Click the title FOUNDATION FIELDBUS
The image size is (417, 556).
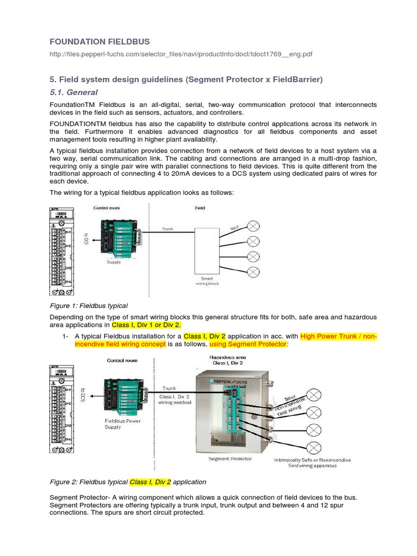tap(99, 42)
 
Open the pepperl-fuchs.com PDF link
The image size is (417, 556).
tap(181, 55)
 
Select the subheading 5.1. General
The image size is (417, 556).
tap(73, 92)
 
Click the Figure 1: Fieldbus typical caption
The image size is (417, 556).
tap(89, 306)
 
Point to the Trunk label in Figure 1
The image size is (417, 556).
tap(167, 229)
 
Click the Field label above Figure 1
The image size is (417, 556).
tap(200, 207)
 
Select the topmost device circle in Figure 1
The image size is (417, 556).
tap(253, 225)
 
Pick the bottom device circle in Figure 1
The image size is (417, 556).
tap(253, 271)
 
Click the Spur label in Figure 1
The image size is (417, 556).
tap(232, 230)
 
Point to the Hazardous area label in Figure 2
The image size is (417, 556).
tap(228, 357)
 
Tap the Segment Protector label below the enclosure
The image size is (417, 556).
tap(230, 459)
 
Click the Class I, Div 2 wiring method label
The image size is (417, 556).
tap(174, 400)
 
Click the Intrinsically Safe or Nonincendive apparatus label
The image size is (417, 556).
tap(312, 463)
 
